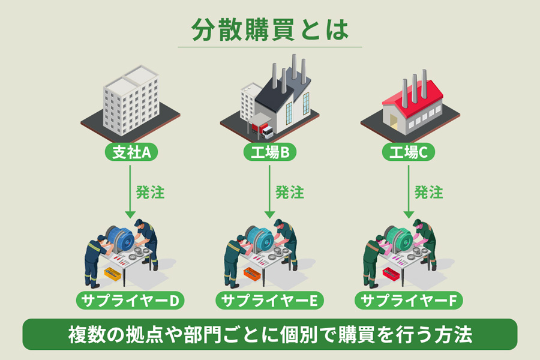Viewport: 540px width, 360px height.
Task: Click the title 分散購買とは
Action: (270, 29)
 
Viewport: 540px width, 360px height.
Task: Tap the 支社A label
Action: (131, 153)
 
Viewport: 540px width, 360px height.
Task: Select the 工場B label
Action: (270, 153)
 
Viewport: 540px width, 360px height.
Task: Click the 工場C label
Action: (409, 153)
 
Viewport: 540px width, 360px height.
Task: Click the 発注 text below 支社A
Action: (150, 193)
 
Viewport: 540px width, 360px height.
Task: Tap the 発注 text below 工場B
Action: (289, 193)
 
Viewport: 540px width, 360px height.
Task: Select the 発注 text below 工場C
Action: (428, 193)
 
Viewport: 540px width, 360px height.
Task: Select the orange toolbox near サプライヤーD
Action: (112, 274)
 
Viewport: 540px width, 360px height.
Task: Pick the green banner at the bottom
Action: (270, 334)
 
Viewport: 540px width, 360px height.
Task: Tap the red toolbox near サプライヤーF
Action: (391, 274)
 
